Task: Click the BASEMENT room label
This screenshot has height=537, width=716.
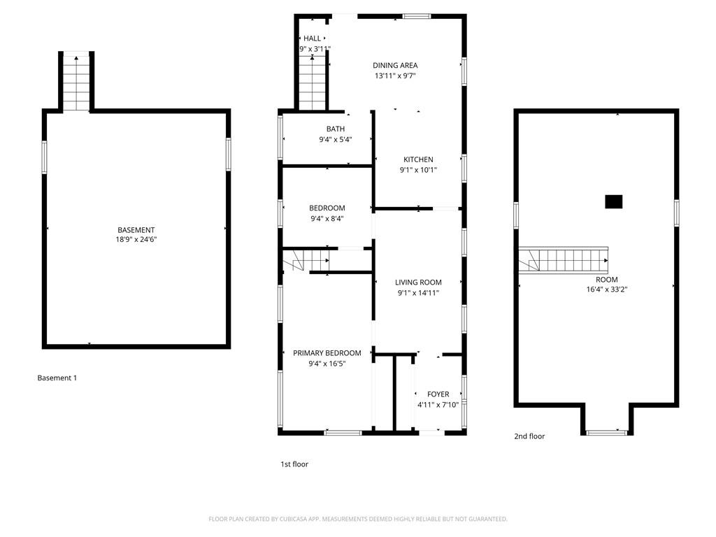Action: (x=136, y=230)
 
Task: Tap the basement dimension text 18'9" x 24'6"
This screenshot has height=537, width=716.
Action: (x=136, y=239)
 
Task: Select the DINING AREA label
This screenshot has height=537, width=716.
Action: (x=395, y=65)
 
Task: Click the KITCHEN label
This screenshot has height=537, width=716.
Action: (x=418, y=159)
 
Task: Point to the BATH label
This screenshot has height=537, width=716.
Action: (x=336, y=129)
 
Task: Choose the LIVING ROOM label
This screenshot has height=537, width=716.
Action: (x=418, y=282)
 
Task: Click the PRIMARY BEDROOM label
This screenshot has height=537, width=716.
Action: (x=327, y=353)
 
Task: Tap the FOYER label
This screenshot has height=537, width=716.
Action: (x=438, y=394)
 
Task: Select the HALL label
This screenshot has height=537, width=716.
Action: (x=313, y=38)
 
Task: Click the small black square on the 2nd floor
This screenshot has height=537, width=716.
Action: (x=614, y=202)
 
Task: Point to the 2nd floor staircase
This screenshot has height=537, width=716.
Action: (x=563, y=260)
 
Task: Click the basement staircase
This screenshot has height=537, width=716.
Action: (x=76, y=83)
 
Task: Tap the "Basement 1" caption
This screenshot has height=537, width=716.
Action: (x=57, y=378)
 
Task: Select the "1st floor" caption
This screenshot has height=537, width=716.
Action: (x=294, y=464)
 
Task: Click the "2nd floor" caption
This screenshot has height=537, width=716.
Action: (x=529, y=436)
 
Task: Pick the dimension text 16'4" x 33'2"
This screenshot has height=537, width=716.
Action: (x=607, y=289)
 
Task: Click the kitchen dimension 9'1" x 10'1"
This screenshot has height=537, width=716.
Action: (x=418, y=171)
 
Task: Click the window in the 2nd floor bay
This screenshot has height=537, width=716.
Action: (x=607, y=432)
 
